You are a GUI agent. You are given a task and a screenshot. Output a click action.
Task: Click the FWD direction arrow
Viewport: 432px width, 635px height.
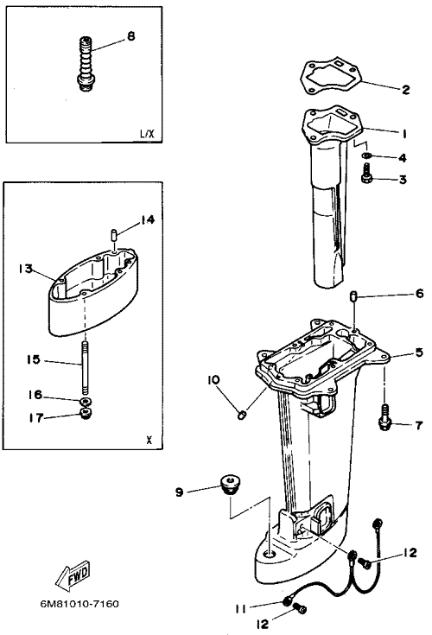[73, 575]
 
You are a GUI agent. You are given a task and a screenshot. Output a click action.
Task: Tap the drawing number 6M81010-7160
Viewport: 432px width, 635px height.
[79, 604]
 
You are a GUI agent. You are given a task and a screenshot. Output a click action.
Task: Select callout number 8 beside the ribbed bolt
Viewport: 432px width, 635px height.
[130, 36]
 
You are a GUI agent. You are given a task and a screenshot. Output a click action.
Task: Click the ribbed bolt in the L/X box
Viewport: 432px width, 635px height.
[85, 63]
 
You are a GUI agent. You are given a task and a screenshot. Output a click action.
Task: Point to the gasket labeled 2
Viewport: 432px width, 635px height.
[331, 78]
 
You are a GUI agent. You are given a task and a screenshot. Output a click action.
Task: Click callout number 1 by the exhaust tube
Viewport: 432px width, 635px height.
[403, 134]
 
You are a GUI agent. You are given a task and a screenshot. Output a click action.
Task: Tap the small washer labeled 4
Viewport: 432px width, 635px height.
[367, 156]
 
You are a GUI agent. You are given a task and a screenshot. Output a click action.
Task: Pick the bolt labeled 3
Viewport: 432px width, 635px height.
[366, 174]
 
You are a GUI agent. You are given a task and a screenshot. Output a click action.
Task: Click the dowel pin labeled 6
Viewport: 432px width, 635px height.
[353, 296]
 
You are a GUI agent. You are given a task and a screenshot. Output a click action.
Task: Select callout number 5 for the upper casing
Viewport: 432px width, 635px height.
[419, 352]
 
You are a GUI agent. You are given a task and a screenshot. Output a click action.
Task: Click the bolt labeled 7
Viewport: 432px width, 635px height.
[384, 417]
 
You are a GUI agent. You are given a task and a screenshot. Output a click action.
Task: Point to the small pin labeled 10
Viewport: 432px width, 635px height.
[242, 415]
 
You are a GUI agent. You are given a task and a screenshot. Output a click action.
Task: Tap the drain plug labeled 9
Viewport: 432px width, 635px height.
[228, 485]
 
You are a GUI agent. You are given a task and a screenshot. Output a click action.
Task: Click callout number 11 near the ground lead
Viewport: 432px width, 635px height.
[241, 609]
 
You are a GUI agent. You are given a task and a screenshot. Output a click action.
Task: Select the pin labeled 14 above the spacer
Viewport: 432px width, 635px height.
[114, 235]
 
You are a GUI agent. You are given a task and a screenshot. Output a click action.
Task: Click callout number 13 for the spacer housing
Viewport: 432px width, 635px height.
[26, 269]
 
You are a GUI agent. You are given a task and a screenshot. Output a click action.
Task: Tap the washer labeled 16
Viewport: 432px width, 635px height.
[86, 402]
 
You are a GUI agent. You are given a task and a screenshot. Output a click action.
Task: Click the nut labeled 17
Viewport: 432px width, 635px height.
[86, 414]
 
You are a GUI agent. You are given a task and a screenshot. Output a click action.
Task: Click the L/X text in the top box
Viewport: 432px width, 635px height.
[147, 133]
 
